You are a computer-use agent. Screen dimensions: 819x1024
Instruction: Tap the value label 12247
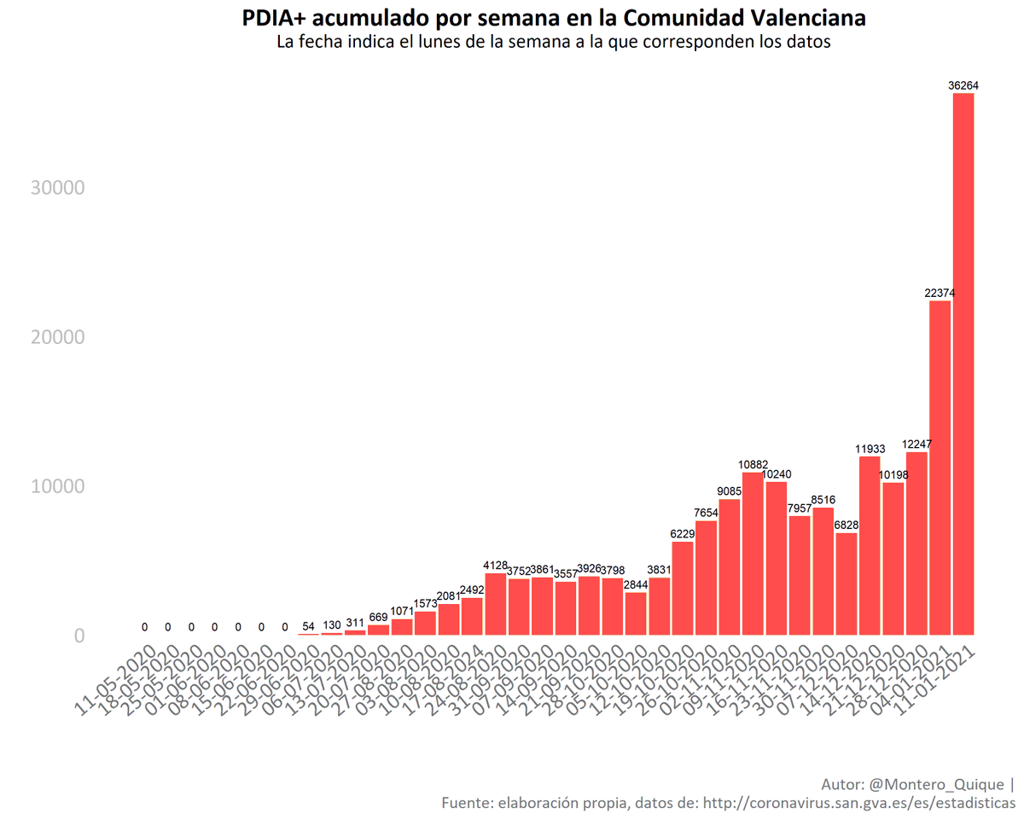(x=916, y=444)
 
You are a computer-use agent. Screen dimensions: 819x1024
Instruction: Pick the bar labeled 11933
(x=870, y=546)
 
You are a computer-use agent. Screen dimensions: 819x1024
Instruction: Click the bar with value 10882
(x=753, y=554)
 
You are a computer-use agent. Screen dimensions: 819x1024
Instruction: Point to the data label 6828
(x=846, y=525)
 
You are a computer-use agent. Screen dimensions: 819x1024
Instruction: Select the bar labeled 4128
(x=495, y=604)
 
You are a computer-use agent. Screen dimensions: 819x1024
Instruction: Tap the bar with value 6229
(x=683, y=589)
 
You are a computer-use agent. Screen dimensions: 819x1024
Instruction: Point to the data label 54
(x=308, y=626)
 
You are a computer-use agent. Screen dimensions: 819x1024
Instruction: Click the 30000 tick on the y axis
(x=57, y=188)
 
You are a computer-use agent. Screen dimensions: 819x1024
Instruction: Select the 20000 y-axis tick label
(x=57, y=337)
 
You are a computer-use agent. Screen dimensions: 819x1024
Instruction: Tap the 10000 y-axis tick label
(x=57, y=486)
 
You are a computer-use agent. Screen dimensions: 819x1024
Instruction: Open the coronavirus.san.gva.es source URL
(x=861, y=803)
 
